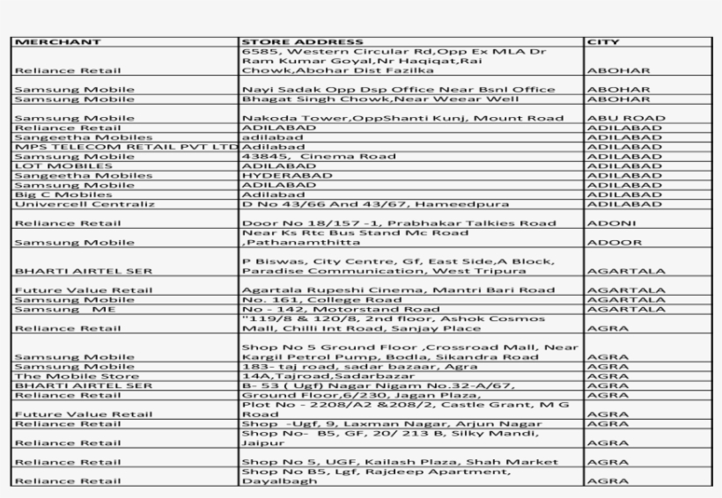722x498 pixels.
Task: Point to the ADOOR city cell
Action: point(608,242)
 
